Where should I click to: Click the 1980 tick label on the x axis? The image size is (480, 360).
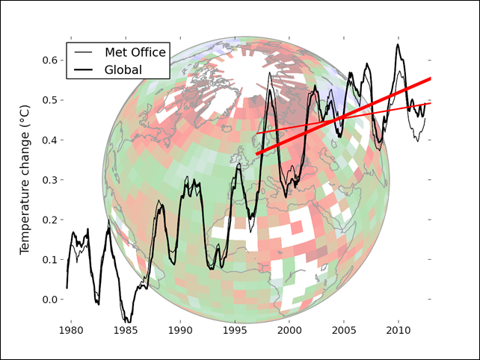pos(70,330)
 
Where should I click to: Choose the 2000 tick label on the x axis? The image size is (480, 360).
pos(289,330)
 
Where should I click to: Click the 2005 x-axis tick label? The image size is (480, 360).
pos(344,330)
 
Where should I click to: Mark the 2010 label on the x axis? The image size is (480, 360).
pos(399,330)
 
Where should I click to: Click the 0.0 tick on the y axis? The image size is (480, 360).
pos(49,300)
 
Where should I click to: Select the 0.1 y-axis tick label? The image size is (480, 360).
pos(49,260)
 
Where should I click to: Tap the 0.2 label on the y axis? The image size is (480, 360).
pos(49,220)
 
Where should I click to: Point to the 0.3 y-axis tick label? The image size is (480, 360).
pos(49,180)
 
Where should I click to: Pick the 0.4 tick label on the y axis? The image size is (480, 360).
pos(49,140)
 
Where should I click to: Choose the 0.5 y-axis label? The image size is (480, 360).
pos(49,100)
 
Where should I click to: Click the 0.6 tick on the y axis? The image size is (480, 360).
pos(49,60)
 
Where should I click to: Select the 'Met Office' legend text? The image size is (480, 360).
pos(135,52)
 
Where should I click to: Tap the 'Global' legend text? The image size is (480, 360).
pos(124,69)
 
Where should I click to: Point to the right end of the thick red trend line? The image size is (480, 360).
pos(431,78)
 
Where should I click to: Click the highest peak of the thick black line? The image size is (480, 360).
pos(398,45)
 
